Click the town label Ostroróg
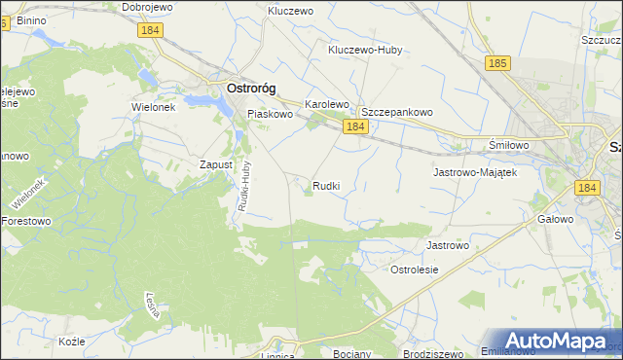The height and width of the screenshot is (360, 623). coord(250,88)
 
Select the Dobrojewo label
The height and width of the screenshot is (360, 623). coord(148,7)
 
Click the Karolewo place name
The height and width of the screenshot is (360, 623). coord(327,103)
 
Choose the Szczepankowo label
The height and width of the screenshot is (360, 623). coord(397,112)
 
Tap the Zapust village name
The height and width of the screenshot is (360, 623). coord(215,165)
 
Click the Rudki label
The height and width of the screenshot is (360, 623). coord(327,185)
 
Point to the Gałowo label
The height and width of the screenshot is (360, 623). coord(555,220)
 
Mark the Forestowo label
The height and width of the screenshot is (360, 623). coord(26,220)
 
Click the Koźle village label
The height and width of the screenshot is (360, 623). coord(72,342)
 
